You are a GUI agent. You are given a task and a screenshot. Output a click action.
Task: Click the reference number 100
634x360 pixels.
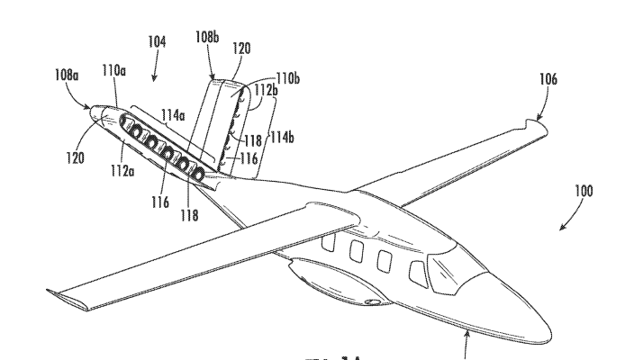[581, 191]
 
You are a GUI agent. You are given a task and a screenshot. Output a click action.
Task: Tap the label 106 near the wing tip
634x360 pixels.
[547, 79]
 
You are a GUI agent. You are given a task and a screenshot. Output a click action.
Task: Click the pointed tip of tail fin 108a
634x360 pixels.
[91, 107]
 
